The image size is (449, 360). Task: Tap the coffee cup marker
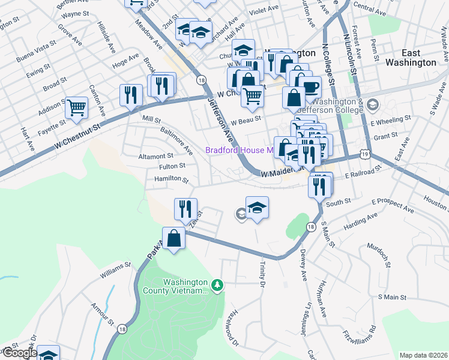pos(310,87)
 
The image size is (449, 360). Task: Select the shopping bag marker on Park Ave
pos(174,239)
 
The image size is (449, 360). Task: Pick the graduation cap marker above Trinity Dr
pos(257,208)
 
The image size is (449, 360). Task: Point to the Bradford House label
pos(239,151)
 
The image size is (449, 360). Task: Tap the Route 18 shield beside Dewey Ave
pos(310,226)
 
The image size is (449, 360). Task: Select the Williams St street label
pos(115,270)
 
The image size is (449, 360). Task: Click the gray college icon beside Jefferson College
pos(372,106)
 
